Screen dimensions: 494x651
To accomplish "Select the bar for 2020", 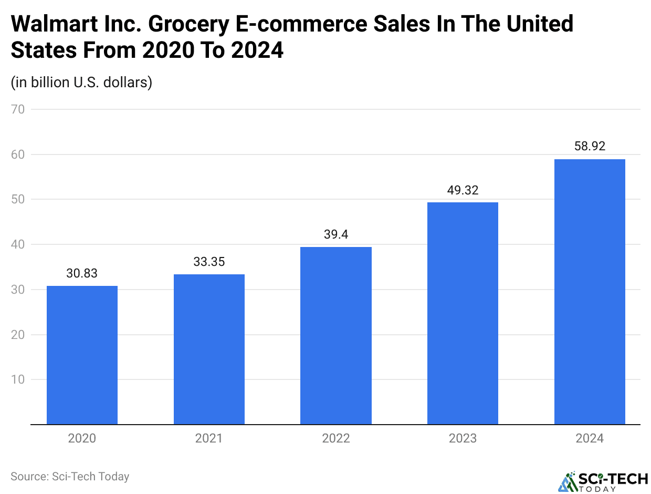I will pos(82,355).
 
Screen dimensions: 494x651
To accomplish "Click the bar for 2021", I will pos(209,349).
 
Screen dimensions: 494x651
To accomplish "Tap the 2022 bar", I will pos(336,335).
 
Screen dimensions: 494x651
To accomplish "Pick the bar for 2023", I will pos(463,313).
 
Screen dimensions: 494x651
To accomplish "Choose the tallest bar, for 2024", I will pos(590,292).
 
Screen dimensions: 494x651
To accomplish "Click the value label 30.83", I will pos(82,273).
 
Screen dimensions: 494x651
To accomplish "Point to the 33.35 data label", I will pos(209,262).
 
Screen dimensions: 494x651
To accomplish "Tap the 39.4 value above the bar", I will pos(336,234).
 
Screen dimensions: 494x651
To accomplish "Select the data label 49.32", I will pos(463,190).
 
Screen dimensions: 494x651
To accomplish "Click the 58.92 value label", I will pos(590,147).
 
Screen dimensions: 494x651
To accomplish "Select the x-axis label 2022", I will pos(336,438).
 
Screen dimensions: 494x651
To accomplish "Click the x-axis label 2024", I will pos(590,438).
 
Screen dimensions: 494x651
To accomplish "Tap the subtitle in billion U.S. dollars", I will pos(81,83).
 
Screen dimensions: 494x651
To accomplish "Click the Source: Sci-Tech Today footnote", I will pos(70,477).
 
